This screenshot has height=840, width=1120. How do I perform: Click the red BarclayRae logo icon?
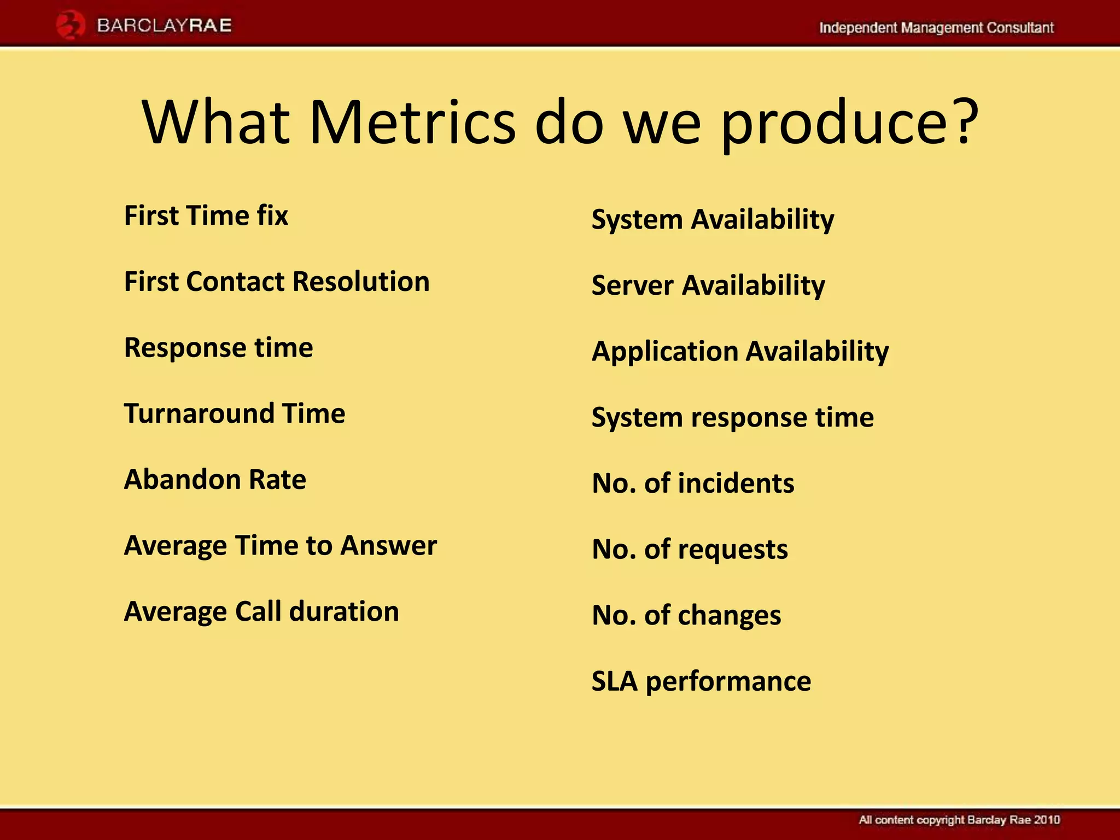pos(71,26)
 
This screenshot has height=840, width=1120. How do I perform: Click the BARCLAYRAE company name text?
pos(164,26)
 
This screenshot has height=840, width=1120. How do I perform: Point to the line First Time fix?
pos(206,215)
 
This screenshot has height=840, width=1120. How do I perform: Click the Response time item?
pos(219,348)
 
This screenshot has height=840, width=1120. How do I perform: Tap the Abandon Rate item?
pos(215,480)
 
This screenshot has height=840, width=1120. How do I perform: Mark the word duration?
pos(344,611)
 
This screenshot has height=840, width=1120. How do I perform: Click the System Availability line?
pos(713,220)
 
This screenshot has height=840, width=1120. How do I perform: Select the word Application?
pos(664,352)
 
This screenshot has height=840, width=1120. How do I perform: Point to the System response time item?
pos(733,418)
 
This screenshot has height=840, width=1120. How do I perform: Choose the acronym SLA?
pos(615,681)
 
